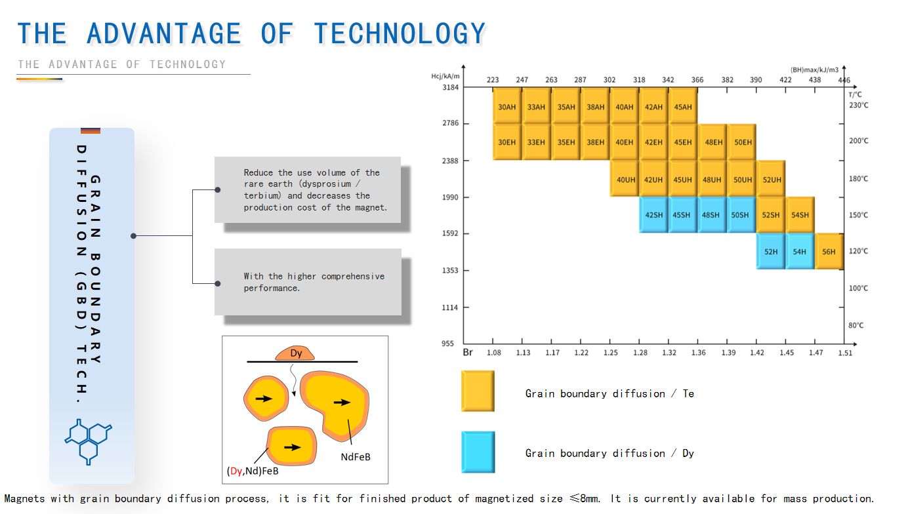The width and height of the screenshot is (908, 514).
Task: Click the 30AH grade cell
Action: (507, 106)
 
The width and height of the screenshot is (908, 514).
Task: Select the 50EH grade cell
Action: (742, 142)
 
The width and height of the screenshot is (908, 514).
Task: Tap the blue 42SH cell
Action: (653, 214)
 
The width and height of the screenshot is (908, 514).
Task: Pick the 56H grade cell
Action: (829, 251)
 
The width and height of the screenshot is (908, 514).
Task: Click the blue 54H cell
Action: (800, 251)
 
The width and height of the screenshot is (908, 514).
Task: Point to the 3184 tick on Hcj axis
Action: (450, 87)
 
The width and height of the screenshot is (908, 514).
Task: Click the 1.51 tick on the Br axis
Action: (845, 353)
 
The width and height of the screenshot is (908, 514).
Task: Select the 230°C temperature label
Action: (859, 106)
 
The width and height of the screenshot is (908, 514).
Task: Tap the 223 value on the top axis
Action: (493, 80)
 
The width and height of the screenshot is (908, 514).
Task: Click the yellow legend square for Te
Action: (478, 391)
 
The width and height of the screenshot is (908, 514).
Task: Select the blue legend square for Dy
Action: (478, 452)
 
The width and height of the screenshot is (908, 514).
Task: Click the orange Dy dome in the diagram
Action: (295, 353)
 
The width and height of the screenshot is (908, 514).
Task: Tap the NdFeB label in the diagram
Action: (356, 457)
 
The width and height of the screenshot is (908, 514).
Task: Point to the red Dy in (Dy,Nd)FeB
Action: (236, 471)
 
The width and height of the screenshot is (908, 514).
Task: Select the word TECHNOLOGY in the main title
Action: (400, 33)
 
